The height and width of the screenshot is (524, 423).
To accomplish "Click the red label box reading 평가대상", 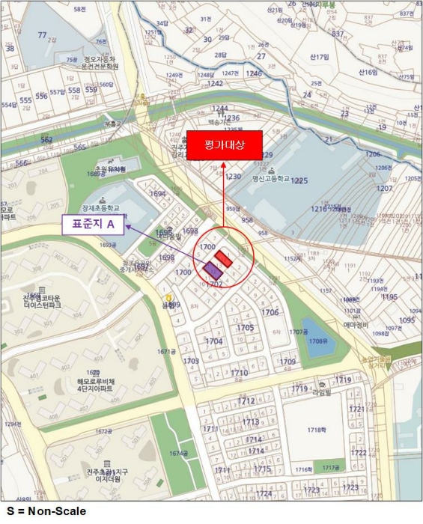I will (225, 144).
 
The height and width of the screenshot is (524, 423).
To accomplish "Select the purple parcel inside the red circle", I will (213, 270).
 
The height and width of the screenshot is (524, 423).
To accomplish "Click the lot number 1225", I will (299, 181).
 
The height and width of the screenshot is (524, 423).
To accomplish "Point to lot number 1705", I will (245, 327).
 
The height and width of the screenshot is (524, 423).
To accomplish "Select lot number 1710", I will (240, 372).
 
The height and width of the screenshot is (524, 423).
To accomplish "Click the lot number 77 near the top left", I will (43, 35).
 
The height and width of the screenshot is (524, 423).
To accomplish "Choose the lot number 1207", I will (384, 188).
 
